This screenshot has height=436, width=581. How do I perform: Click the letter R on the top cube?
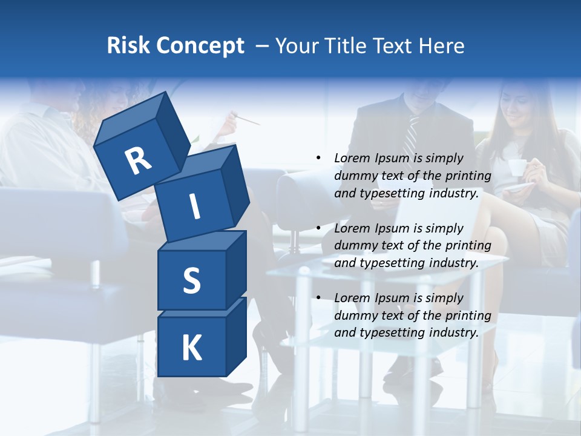click(x=138, y=160)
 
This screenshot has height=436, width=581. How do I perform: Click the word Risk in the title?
click(x=128, y=46)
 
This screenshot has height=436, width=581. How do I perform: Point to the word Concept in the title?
click(x=200, y=46)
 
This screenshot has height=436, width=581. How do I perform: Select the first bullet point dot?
click(x=318, y=158)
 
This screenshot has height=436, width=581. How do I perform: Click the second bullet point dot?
click(x=318, y=228)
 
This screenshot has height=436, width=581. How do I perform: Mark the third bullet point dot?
click(x=318, y=298)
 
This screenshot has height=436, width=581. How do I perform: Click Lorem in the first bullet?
click(x=351, y=158)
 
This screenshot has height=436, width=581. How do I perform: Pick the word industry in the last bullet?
click(x=455, y=332)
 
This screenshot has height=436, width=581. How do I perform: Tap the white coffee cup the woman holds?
click(x=516, y=167)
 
